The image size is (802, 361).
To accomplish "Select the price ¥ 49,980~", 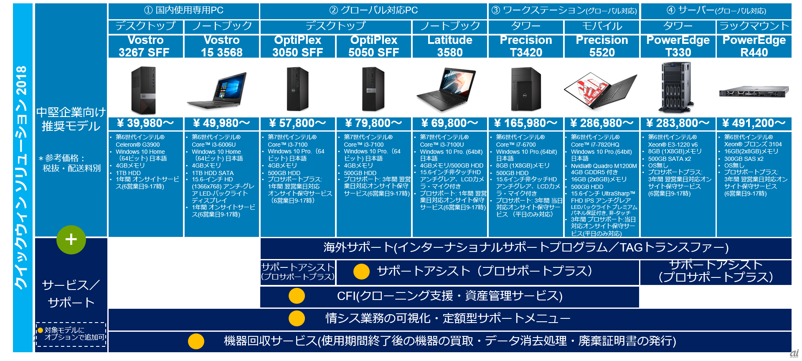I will (221, 123).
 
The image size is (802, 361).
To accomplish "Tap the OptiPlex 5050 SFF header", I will (373, 46).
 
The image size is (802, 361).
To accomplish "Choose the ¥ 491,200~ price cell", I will (754, 123).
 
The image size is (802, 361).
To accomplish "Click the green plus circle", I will (71, 240).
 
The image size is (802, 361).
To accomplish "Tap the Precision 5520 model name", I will (601, 46).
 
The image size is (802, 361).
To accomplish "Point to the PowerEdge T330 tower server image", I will (677, 88).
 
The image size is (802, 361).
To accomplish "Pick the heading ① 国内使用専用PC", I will (183, 10).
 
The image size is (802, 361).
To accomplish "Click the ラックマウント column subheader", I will (754, 26).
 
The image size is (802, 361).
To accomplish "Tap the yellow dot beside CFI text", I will (297, 296).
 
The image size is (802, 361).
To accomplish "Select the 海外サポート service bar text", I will (525, 248).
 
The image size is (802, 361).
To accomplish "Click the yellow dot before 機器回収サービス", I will (196, 341).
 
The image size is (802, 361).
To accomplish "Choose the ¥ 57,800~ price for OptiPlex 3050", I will (297, 123).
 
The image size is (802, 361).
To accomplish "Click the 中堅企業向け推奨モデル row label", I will (71, 119).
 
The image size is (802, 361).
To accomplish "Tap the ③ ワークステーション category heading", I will (564, 10).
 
